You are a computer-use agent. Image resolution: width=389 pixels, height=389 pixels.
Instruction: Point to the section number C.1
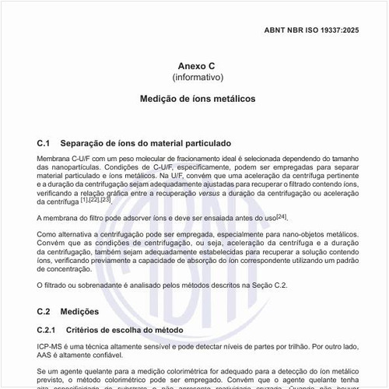[x=44, y=143]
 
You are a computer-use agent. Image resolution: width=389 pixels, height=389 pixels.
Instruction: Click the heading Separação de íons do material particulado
[x=139, y=143]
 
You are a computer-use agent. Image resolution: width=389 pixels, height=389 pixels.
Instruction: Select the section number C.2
[x=44, y=311]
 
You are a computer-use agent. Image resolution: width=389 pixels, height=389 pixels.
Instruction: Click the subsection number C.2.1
[x=47, y=330]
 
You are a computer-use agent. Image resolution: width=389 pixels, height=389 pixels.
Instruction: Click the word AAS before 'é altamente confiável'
[x=45, y=355]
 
